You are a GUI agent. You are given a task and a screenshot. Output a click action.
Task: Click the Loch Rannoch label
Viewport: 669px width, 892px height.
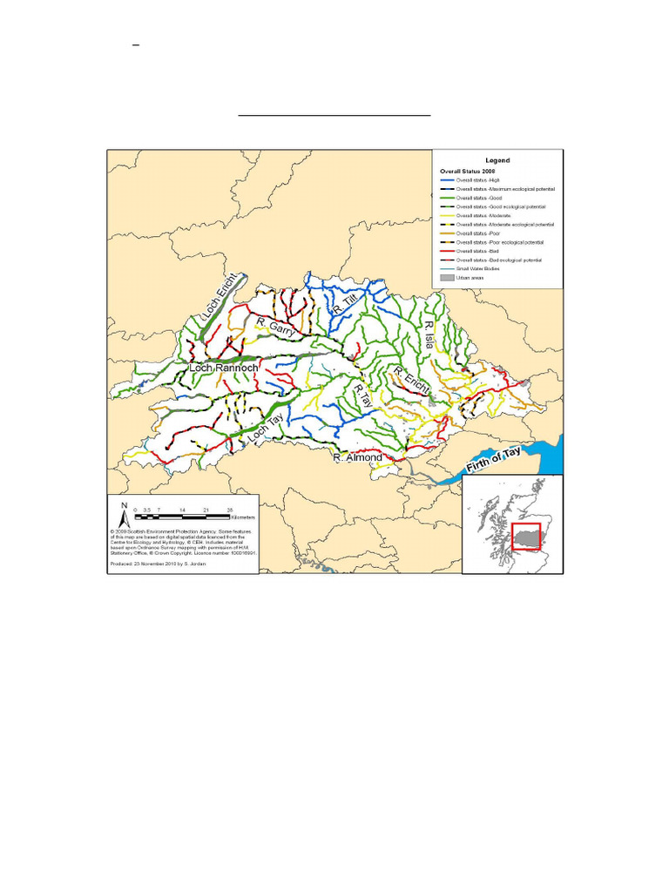pos(224,368)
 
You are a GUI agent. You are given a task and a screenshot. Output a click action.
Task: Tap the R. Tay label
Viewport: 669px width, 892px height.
pos(362,400)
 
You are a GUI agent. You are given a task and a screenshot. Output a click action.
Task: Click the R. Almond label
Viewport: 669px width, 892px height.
pos(359,456)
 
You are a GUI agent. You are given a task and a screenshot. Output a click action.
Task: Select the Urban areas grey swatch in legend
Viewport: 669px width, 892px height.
pos(447,278)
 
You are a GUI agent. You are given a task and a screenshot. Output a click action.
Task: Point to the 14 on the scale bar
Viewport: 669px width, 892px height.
pos(181,508)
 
